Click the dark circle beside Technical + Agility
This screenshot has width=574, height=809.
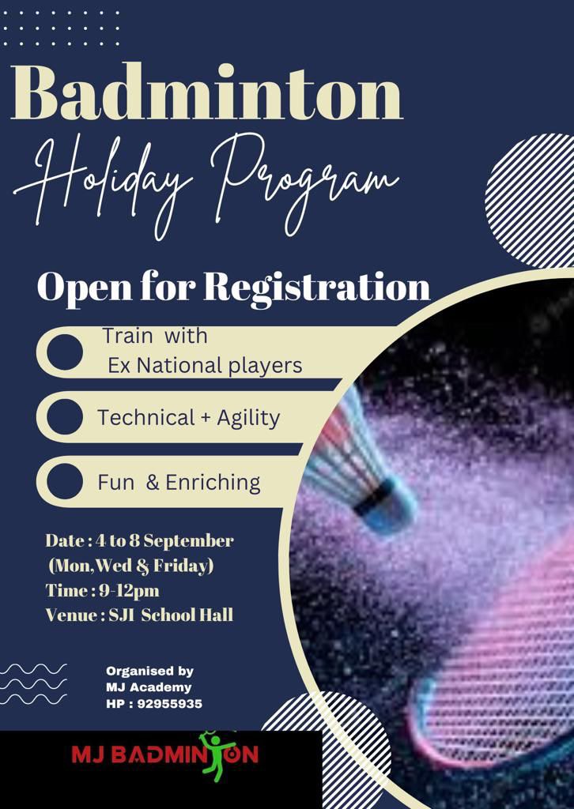tap(64, 417)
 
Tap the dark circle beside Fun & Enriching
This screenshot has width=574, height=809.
tap(64, 481)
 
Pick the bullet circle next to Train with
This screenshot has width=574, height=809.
tap(64, 352)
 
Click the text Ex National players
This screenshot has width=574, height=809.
tap(205, 366)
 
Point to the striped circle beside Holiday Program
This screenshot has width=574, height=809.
tap(530, 201)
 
